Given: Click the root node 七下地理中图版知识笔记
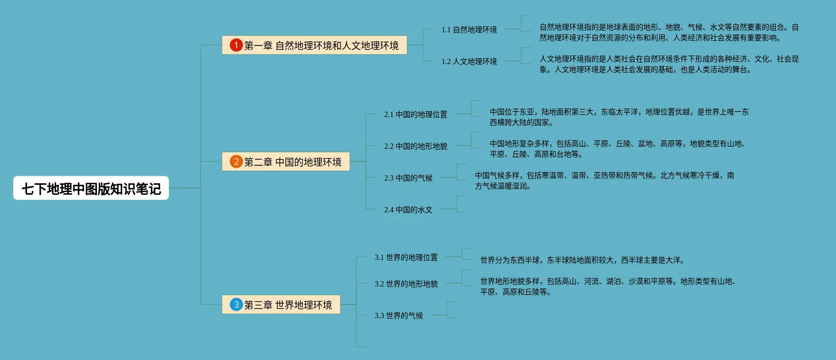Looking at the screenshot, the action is (91, 188).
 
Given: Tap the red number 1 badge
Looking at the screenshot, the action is (236, 46).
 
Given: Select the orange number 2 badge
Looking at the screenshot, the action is (236, 161).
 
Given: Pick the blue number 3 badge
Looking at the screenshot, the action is (236, 304).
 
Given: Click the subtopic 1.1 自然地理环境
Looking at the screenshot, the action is (469, 30).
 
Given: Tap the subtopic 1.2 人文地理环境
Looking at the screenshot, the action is (469, 61).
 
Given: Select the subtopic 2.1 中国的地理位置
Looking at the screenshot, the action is (416, 114).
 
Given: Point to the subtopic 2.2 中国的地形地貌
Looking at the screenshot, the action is (416, 146).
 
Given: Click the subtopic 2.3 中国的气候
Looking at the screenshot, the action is (408, 178).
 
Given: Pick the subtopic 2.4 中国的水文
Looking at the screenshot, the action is (408, 210).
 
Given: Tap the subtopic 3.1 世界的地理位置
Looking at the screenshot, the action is (406, 257).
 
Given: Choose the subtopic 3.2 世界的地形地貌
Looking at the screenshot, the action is (406, 284).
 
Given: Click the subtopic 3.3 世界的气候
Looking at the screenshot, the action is (399, 316).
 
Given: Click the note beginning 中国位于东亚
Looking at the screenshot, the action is (619, 117).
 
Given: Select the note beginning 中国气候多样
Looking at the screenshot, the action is (604, 181).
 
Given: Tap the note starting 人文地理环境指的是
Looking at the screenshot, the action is (669, 64).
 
